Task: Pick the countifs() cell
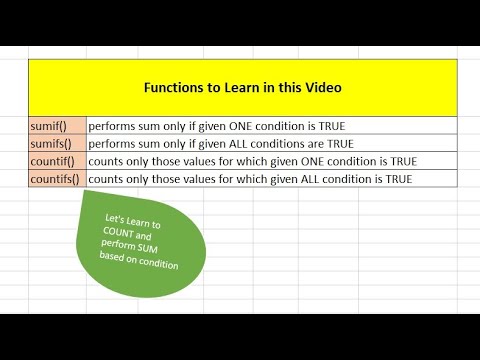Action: (56, 178)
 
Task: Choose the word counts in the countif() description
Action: (107, 161)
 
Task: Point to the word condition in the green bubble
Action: (158, 264)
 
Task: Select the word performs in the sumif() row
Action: (113, 126)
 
